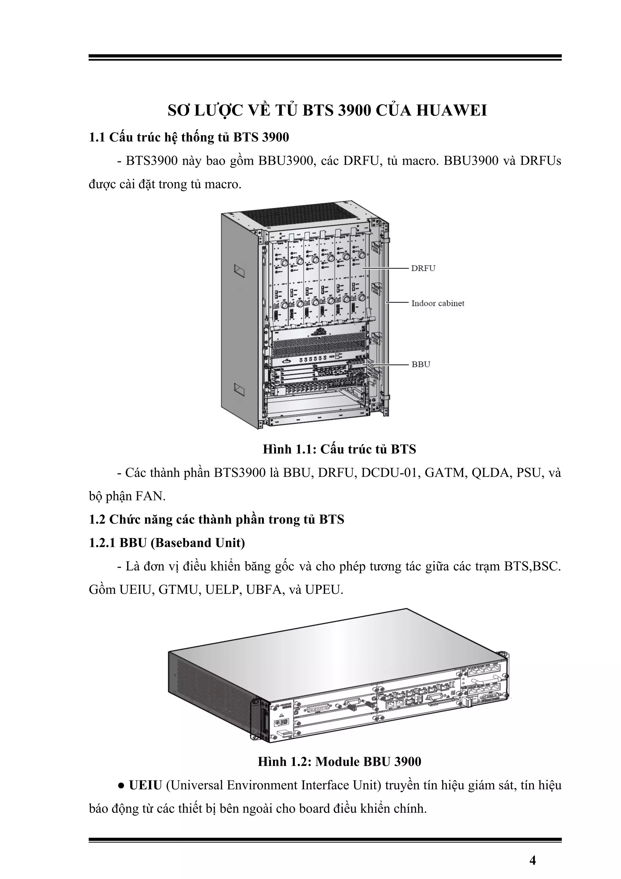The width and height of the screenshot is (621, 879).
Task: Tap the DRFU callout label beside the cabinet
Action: (423, 268)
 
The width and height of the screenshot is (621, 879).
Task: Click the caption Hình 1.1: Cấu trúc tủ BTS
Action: (339, 449)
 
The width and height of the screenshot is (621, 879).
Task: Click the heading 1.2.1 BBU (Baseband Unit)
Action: (167, 543)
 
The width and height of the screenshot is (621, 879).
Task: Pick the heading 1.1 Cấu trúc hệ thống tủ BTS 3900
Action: (189, 137)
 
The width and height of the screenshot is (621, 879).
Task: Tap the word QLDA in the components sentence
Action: (490, 473)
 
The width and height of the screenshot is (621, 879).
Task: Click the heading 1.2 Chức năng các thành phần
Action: (217, 520)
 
